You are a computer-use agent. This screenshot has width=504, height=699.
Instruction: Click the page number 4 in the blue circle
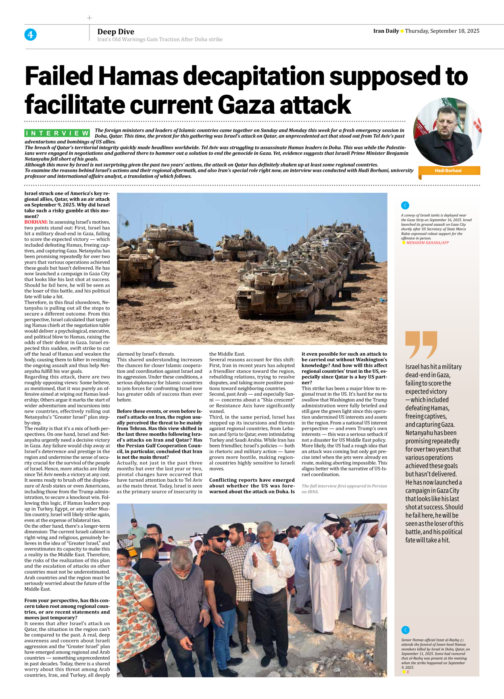(30, 35)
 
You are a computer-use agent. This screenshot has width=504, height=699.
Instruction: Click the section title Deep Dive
(116, 32)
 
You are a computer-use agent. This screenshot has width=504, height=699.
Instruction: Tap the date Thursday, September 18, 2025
(442, 31)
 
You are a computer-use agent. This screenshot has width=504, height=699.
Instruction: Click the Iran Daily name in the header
(386, 31)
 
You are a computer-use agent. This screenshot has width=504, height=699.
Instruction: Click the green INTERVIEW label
(57, 133)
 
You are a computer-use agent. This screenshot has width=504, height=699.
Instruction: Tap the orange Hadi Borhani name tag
(448, 171)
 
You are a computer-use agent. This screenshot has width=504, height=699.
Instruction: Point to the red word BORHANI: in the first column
(36, 222)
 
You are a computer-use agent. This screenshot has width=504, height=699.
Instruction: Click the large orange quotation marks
(421, 345)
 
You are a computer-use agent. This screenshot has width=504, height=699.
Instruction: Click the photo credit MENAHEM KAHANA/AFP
(427, 243)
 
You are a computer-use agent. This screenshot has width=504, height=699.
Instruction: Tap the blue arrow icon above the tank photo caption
(405, 205)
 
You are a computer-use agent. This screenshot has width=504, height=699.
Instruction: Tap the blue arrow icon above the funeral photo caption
(406, 630)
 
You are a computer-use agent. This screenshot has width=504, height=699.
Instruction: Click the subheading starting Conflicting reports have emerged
(252, 480)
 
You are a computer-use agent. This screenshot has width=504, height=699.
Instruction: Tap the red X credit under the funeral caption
(408, 672)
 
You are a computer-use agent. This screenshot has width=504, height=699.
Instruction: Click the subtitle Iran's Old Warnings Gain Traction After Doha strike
(160, 40)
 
